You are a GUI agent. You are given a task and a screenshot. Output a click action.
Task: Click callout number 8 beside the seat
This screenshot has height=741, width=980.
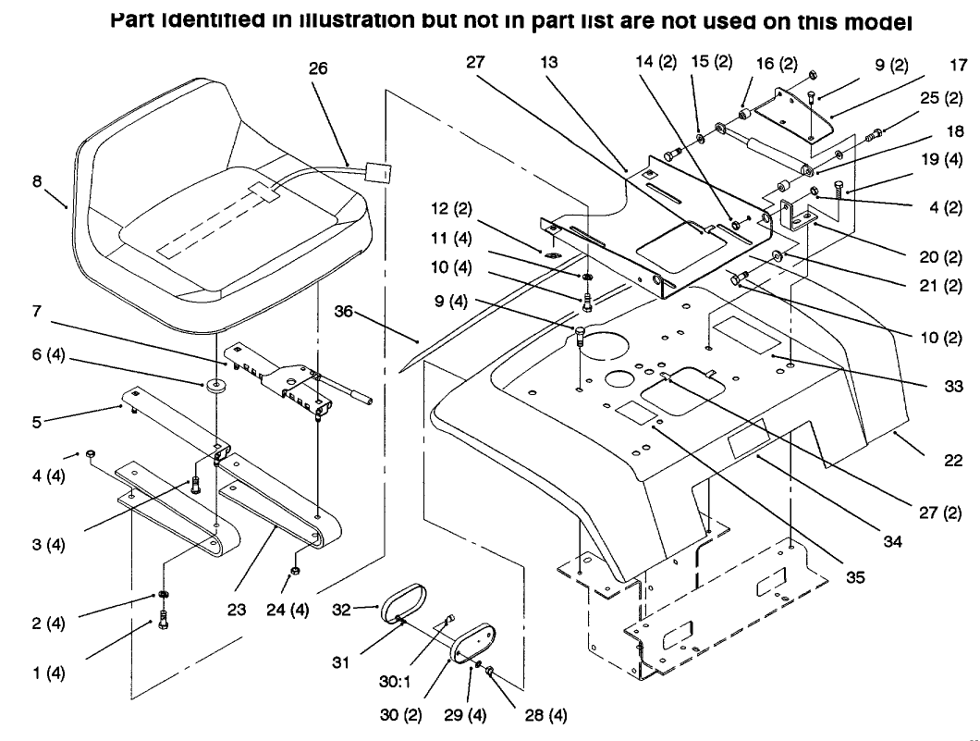37,182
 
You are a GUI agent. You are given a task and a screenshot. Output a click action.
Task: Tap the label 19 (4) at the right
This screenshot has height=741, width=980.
943,161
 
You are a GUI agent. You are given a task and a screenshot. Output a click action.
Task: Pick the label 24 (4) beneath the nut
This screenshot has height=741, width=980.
291,610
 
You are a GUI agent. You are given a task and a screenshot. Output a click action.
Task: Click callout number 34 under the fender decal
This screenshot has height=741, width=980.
891,542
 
